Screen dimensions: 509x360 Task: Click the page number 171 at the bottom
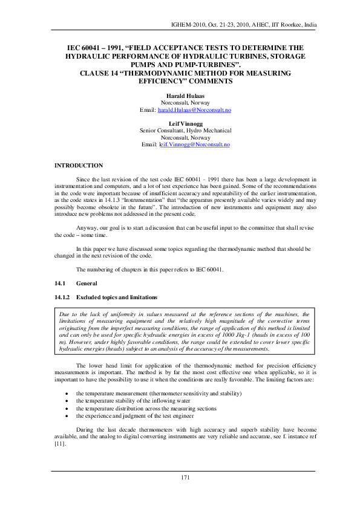point(186,478)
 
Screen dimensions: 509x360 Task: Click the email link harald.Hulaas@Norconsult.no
point(194,111)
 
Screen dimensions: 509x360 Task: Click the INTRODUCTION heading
point(79,165)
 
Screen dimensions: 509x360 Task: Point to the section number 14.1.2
point(62,298)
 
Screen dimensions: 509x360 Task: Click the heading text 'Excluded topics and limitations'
point(113,298)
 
